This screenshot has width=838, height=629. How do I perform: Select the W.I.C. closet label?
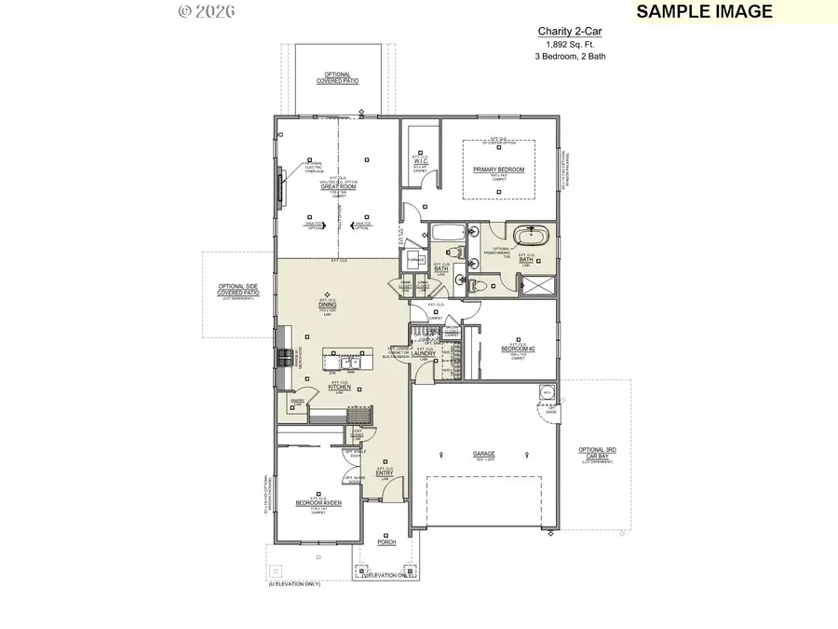(420, 161)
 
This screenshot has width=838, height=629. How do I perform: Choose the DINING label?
(327, 305)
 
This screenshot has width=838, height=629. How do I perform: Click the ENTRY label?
(384, 473)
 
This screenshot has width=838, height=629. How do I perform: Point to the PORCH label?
(386, 542)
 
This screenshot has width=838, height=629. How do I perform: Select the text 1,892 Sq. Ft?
(562, 44)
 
